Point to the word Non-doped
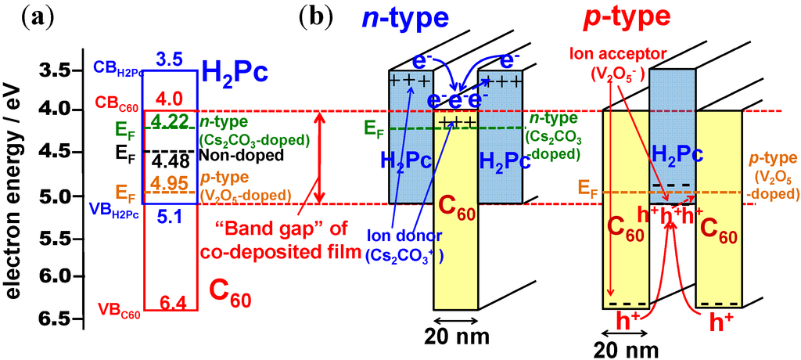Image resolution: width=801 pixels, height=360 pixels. click(228, 155)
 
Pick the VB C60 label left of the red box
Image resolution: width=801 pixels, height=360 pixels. click(120, 315)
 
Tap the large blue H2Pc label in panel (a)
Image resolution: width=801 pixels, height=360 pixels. click(235, 72)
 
